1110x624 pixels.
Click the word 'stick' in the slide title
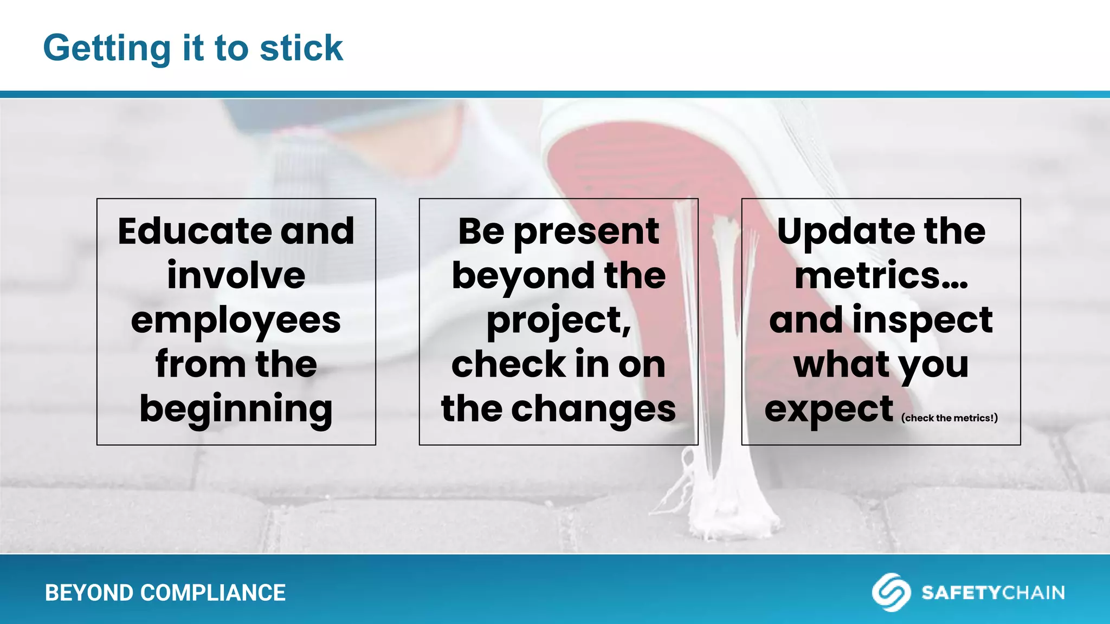coord(301,48)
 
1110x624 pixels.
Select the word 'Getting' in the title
coord(107,49)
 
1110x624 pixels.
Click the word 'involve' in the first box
coord(236,276)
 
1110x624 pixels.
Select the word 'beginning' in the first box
coord(236,409)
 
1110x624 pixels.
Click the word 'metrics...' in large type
coord(881,276)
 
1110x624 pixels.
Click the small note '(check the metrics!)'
coord(949,418)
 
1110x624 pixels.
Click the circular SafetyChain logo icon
coord(890,592)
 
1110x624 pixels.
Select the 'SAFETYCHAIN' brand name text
coord(993,593)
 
